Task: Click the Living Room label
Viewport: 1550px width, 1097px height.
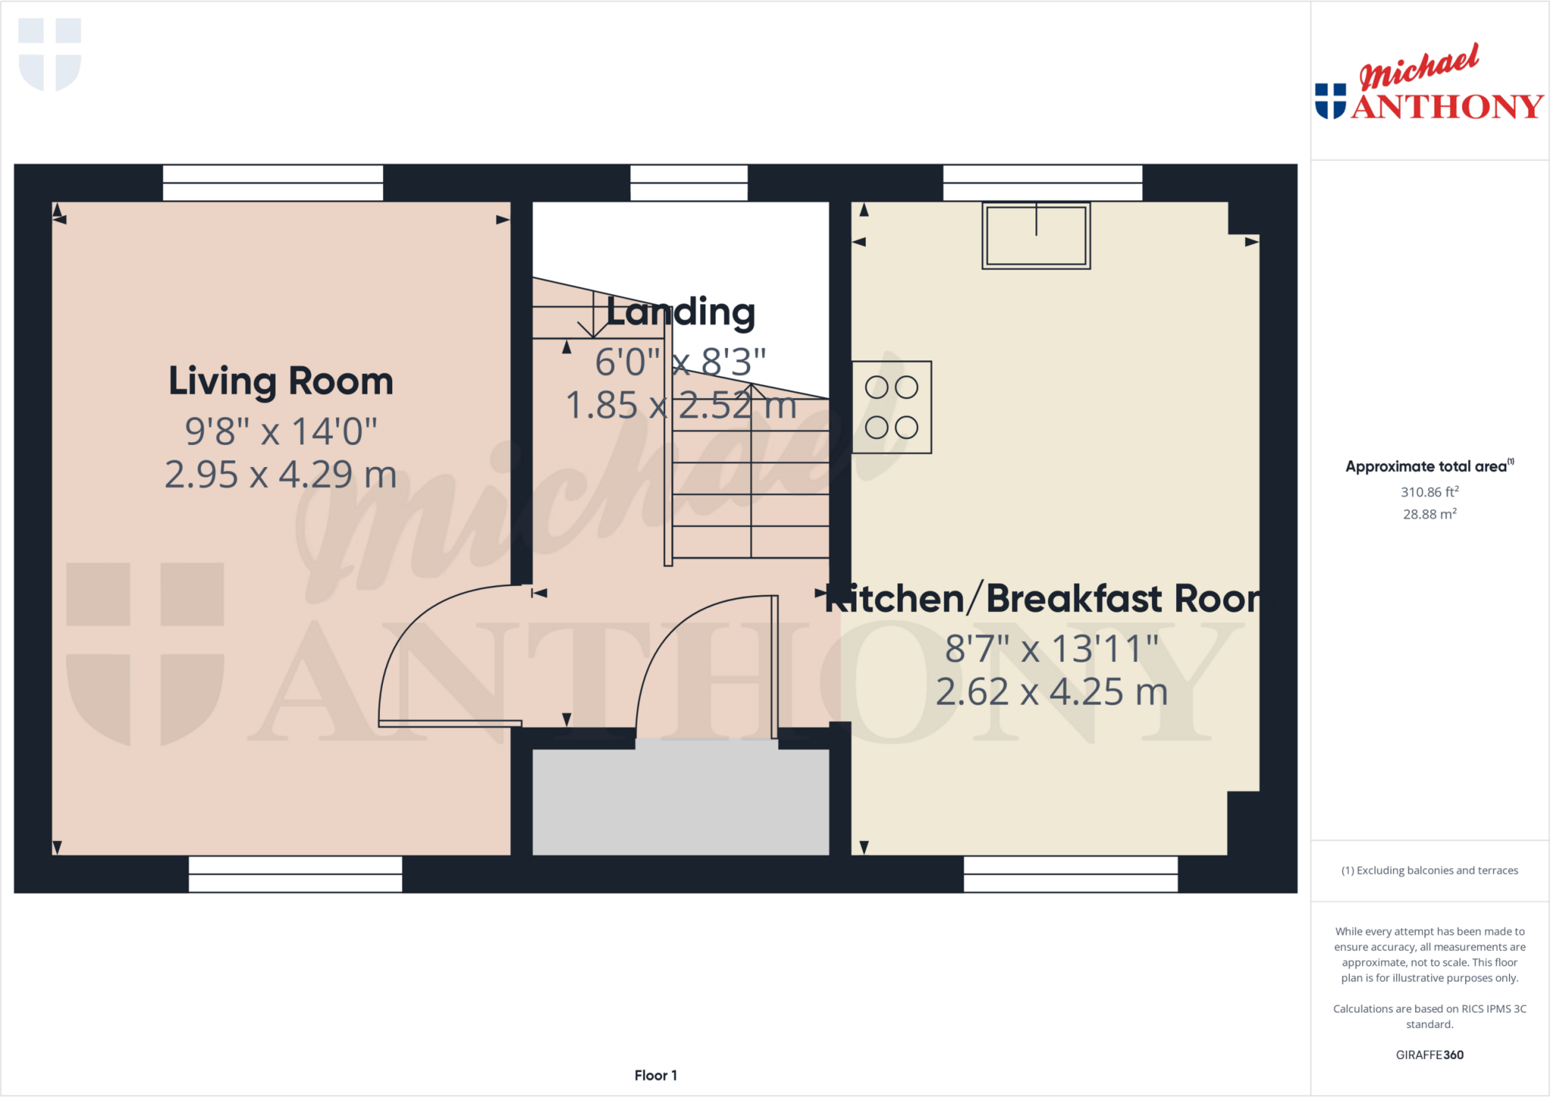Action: pos(281,381)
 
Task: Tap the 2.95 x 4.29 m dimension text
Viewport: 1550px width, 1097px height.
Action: pos(281,475)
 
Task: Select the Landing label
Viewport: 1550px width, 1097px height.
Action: pos(680,312)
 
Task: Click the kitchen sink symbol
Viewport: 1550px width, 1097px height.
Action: pos(1036,235)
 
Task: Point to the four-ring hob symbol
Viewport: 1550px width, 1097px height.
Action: pos(892,407)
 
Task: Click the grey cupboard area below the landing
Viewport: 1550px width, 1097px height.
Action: pos(680,802)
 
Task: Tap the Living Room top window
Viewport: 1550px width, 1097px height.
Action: pos(273,182)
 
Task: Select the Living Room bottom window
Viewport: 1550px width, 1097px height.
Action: pos(295,874)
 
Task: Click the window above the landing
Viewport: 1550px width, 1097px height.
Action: pos(689,182)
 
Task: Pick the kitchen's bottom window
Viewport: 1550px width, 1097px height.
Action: pos(1070,874)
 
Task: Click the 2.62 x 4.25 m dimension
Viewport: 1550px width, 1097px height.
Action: pos(1051,692)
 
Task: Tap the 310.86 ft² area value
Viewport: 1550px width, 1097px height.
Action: pos(1429,492)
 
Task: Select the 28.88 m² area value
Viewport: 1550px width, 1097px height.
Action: pos(1429,514)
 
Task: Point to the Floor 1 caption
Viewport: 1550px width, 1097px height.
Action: pos(655,1075)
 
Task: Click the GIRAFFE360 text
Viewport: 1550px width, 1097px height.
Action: pos(1429,1055)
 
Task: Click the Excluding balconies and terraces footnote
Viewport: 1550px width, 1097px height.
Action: pos(1429,871)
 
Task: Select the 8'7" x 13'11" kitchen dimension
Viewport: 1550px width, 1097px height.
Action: pos(1051,649)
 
